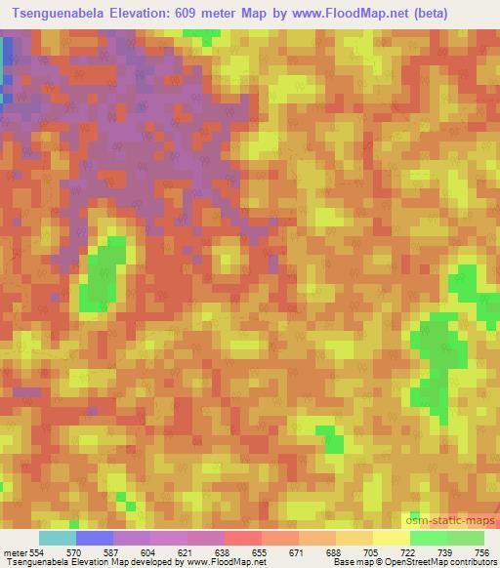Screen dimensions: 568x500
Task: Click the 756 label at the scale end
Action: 482,551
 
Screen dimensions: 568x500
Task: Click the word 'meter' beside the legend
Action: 15,551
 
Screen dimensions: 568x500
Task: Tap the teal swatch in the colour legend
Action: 57,538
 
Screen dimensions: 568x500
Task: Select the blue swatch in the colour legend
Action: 95,538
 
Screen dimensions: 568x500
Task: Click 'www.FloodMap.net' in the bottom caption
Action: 224,561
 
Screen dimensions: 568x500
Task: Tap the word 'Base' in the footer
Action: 345,561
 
